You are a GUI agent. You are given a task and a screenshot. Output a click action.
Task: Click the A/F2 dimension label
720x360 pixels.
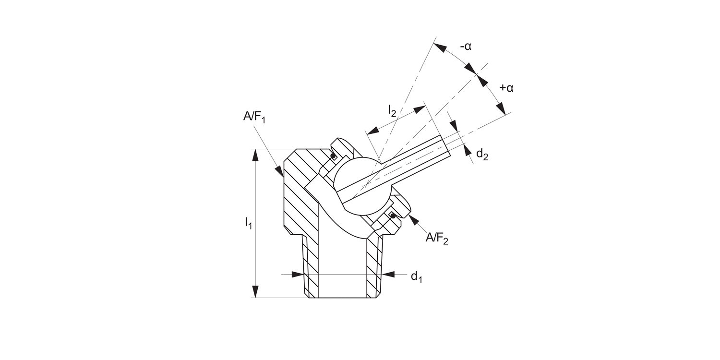(437, 239)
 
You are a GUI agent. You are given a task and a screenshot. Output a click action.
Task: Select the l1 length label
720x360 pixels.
(248, 223)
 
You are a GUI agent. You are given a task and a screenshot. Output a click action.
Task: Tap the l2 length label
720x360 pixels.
(392, 110)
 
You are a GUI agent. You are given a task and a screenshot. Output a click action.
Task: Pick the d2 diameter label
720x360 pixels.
(482, 155)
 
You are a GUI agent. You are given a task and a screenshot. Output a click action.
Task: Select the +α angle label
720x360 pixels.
(506, 88)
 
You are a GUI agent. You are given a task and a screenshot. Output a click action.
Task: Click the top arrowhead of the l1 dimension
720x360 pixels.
(255, 155)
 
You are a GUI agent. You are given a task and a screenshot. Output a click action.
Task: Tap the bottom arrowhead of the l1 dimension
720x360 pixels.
(255, 292)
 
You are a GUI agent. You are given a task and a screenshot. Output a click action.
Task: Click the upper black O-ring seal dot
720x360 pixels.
(332, 156)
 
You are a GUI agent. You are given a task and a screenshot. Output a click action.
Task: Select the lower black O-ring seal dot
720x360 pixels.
(393, 216)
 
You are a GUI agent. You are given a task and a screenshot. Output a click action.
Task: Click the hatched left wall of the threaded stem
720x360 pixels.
(310, 269)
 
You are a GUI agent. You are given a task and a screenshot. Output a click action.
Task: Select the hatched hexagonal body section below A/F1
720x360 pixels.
(300, 192)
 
